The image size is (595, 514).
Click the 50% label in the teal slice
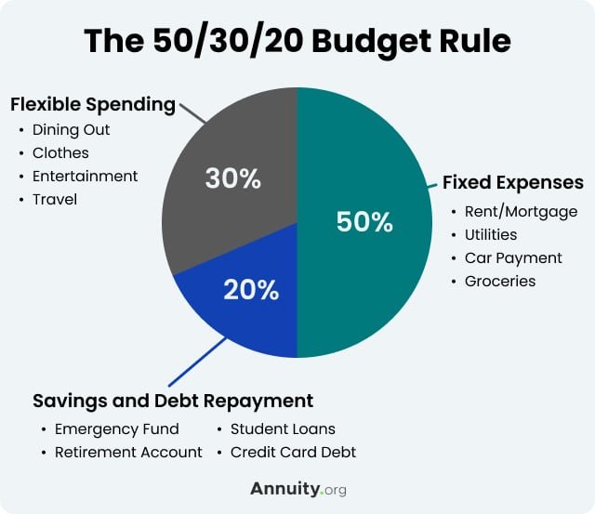point(364,222)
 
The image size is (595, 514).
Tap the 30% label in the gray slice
point(231,178)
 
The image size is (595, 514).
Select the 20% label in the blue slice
point(250,290)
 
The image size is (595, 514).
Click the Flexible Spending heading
point(93,104)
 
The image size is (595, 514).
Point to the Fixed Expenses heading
point(512,181)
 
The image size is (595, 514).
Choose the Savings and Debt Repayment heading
point(173,401)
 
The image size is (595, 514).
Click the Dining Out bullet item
point(70,129)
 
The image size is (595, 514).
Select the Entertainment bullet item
point(85,176)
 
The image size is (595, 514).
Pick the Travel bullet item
point(55,199)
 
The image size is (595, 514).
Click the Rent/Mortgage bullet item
point(521,211)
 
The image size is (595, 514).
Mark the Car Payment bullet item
point(513,257)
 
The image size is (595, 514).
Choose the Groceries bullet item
point(500,281)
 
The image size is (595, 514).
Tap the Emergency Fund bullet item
point(116,429)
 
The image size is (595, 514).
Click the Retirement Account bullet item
point(128,453)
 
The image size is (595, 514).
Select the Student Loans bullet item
point(283,429)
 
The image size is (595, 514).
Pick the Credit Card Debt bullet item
point(293,453)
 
